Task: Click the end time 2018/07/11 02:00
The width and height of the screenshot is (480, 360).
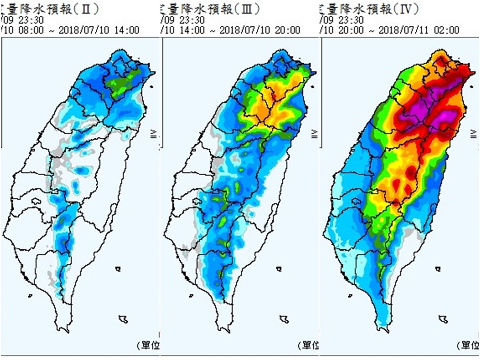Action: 419,30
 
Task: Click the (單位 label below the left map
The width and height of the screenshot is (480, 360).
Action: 148,345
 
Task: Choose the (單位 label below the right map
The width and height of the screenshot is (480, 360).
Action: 468,345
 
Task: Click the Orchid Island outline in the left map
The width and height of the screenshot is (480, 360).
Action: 124,318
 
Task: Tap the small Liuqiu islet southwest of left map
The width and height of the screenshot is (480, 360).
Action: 30,295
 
